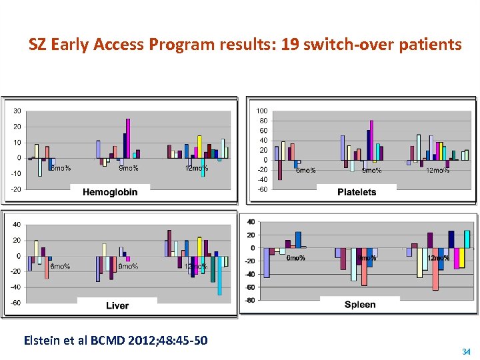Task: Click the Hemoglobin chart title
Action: point(110,192)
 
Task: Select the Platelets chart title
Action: point(357,192)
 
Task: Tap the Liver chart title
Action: point(117,305)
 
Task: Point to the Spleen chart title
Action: point(360,305)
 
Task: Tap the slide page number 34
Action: point(466,351)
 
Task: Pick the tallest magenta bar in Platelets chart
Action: point(372,140)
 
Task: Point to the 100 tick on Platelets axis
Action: point(262,111)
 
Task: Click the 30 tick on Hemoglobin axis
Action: point(17,111)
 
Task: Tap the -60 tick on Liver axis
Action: point(15,303)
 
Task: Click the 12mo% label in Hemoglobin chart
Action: point(197,168)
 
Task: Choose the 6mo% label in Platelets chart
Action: point(305,171)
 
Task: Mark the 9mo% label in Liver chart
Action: point(128,267)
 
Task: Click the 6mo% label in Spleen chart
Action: point(295,258)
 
